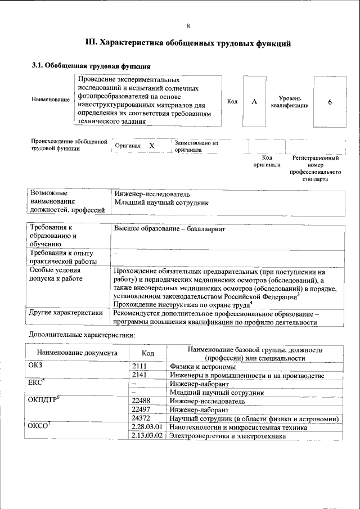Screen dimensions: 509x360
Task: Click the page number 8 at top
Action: (x=188, y=26)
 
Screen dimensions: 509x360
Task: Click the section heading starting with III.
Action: (x=187, y=42)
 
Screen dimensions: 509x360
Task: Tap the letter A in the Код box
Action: (x=254, y=102)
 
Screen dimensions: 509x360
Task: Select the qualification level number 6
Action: (x=330, y=102)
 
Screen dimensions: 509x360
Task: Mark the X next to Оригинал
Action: (x=151, y=146)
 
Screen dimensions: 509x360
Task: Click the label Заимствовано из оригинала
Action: (x=196, y=146)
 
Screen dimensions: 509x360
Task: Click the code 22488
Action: (x=141, y=401)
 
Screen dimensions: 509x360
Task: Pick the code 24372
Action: (x=141, y=418)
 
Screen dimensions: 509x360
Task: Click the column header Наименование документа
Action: (x=77, y=353)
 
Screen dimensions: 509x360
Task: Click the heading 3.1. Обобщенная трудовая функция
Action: (x=91, y=65)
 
